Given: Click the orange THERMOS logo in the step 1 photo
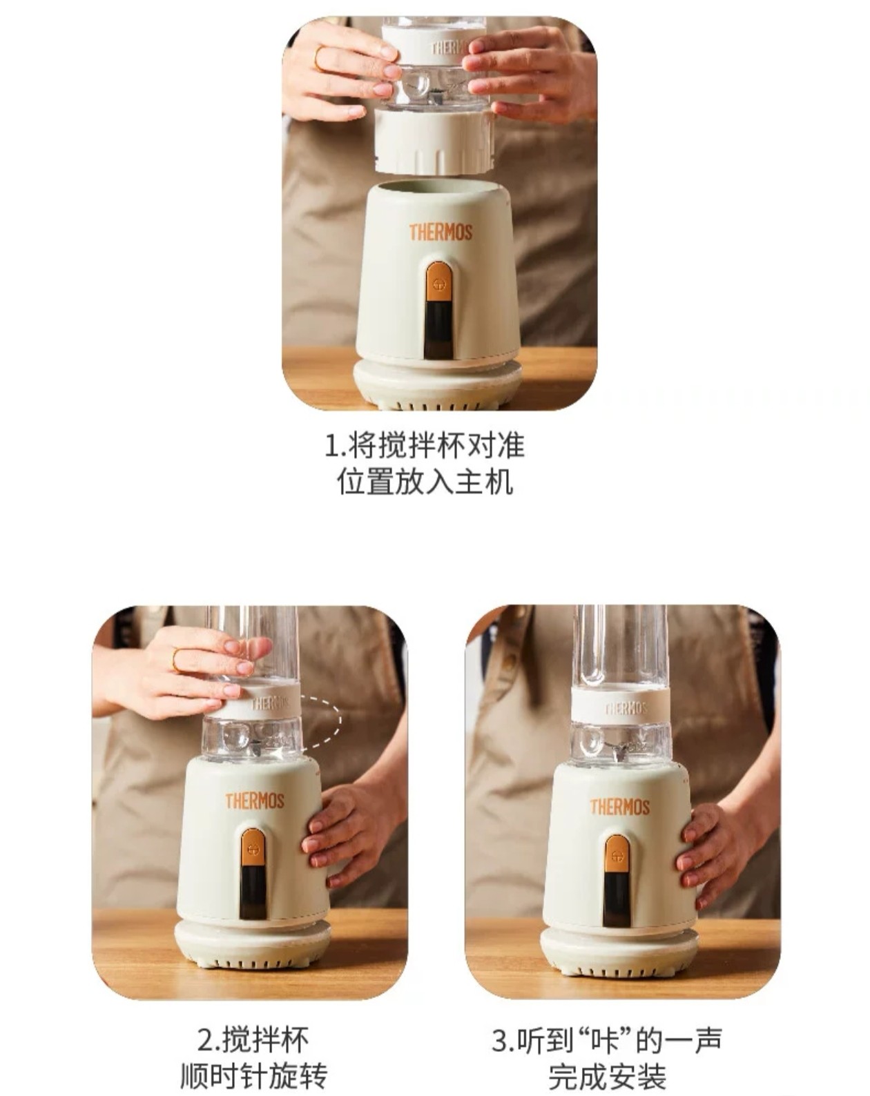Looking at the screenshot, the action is [441, 232].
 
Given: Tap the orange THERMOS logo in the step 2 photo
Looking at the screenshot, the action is [255, 800].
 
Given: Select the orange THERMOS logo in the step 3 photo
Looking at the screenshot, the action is [620, 807].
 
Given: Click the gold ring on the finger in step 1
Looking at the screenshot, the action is [318, 58].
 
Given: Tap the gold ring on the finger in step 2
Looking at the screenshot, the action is [176, 660].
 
